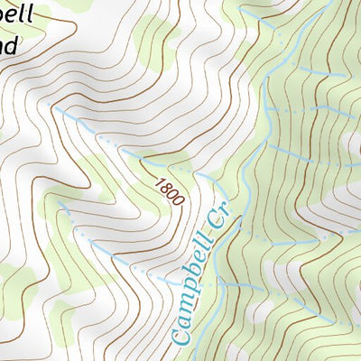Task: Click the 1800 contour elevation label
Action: click(168, 192)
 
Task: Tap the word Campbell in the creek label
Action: click(193, 292)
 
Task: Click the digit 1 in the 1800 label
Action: click(160, 183)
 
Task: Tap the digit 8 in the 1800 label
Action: click(165, 189)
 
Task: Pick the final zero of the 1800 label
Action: click(176, 200)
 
